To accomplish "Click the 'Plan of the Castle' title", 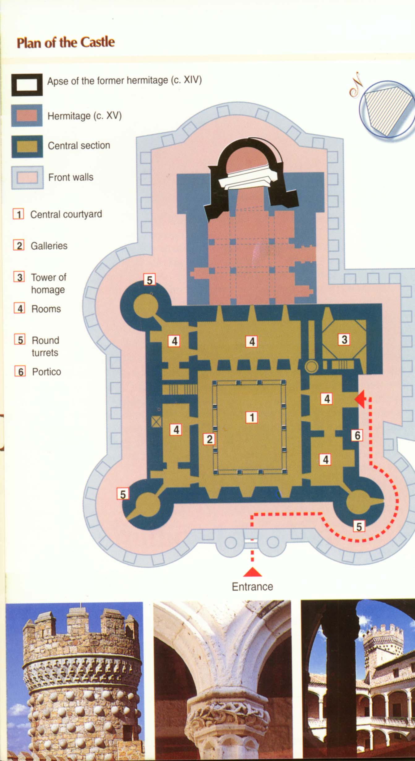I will point(66,42).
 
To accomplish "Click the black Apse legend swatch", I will point(27,85).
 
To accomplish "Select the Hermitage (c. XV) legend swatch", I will point(27,116).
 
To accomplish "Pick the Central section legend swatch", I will point(27,147).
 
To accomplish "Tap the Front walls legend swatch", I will point(27,178).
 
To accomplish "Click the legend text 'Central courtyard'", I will point(66,214).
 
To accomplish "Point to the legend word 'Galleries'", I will point(49,246).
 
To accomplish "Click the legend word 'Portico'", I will point(46,372).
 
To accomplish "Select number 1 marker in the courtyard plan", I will point(252,417).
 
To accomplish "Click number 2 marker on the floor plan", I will point(209,439).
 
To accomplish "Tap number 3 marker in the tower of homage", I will point(344,340).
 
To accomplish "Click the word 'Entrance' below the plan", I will point(252,587).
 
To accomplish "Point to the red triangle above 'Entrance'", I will point(252,572).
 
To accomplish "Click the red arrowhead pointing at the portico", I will point(360,399).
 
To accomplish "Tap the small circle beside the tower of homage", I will point(311,367).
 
